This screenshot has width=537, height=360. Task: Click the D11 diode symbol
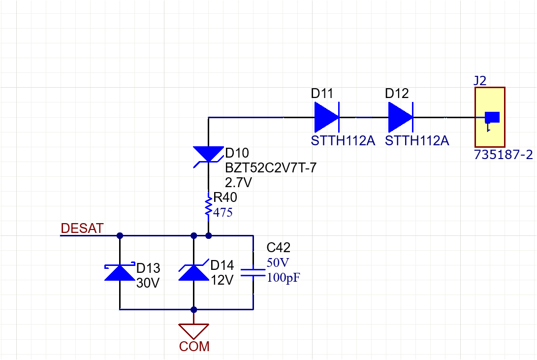pyautogui.click(x=326, y=117)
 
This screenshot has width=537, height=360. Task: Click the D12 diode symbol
pyautogui.click(x=400, y=117)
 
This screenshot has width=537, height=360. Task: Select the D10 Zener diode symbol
pyautogui.click(x=208, y=154)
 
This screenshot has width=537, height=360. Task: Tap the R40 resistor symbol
pyautogui.click(x=209, y=205)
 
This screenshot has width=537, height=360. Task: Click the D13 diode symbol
pyautogui.click(x=120, y=272)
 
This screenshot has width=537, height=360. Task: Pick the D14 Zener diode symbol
pyautogui.click(x=193, y=272)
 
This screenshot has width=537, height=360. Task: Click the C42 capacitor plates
pyautogui.click(x=253, y=273)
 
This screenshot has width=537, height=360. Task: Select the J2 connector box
pyautogui.click(x=490, y=117)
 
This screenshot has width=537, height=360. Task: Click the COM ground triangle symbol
pyautogui.click(x=194, y=330)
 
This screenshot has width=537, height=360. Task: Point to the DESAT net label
pyautogui.click(x=82, y=229)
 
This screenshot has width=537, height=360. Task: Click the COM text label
pyautogui.click(x=194, y=347)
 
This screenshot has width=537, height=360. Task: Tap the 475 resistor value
pyautogui.click(x=222, y=213)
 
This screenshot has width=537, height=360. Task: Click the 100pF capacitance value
pyautogui.click(x=284, y=278)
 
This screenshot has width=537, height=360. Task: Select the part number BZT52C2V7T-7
pyautogui.click(x=271, y=168)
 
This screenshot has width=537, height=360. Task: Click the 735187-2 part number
pyautogui.click(x=503, y=155)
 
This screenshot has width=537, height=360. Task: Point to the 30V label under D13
pyautogui.click(x=148, y=283)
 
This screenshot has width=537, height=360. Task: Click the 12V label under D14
pyautogui.click(x=221, y=281)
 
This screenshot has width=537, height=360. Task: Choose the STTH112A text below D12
pyautogui.click(x=417, y=141)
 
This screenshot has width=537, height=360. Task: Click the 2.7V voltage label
pyautogui.click(x=238, y=183)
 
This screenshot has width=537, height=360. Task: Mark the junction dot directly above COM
pyautogui.click(x=194, y=310)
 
